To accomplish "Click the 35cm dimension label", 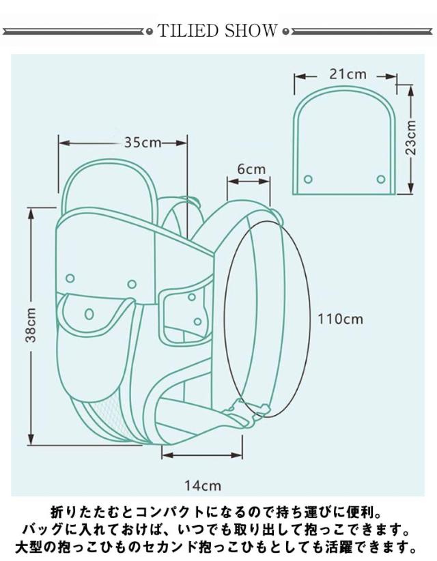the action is click(143, 143).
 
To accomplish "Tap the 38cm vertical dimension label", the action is click(31, 325).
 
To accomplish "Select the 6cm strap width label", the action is click(251, 169).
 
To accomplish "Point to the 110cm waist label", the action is click(340, 319).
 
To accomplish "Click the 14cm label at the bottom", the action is click(203, 485).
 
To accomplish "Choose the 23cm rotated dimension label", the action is click(411, 137).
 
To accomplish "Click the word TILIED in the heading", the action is click(188, 31).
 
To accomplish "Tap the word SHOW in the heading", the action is click(251, 31).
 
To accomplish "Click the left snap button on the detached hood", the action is click(308, 179).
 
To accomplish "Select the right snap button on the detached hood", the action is click(381, 179).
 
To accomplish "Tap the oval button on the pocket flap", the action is click(89, 314).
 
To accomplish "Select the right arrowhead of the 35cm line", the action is click(181, 143).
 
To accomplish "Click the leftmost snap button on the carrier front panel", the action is click(70, 278).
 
